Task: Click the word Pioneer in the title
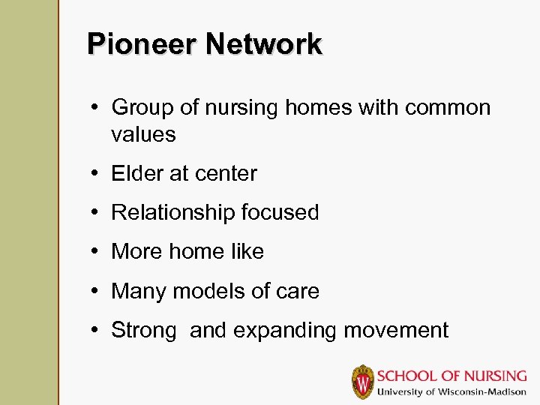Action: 142,44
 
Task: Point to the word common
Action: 448,108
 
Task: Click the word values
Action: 143,135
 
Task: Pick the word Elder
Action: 137,174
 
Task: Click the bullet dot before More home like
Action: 98,252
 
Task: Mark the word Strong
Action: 144,330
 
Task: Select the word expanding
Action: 276,331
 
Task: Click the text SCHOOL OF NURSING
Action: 451,376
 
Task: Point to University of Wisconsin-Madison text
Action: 451,391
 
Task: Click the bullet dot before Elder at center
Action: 98,174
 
